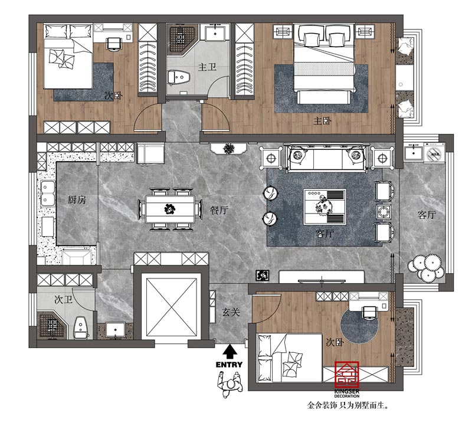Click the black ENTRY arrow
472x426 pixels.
pyautogui.click(x=230, y=352)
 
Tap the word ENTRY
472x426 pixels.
pyautogui.click(x=229, y=365)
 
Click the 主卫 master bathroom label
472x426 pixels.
pyautogui.click(x=207, y=67)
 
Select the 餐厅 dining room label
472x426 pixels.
pyautogui.click(x=219, y=210)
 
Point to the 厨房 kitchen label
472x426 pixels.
pyautogui.click(x=77, y=199)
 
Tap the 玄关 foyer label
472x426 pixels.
pyautogui.click(x=231, y=312)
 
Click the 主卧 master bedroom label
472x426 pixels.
pyautogui.click(x=322, y=121)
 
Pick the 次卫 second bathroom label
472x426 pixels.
pyautogui.click(x=64, y=300)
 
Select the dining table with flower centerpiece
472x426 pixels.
pyautogui.click(x=170, y=209)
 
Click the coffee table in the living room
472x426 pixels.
pyautogui.click(x=324, y=207)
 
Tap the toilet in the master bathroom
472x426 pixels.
pyautogui.click(x=179, y=78)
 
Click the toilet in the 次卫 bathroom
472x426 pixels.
pyautogui.click(x=81, y=327)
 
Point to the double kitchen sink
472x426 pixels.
pyautogui.click(x=48, y=194)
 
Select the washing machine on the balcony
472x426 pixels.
pyautogui.click(x=434, y=153)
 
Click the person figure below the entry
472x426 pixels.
pyautogui.click(x=230, y=385)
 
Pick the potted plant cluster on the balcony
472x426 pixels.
pyautogui.click(x=426, y=268)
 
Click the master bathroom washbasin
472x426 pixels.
pyautogui.click(x=215, y=33)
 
